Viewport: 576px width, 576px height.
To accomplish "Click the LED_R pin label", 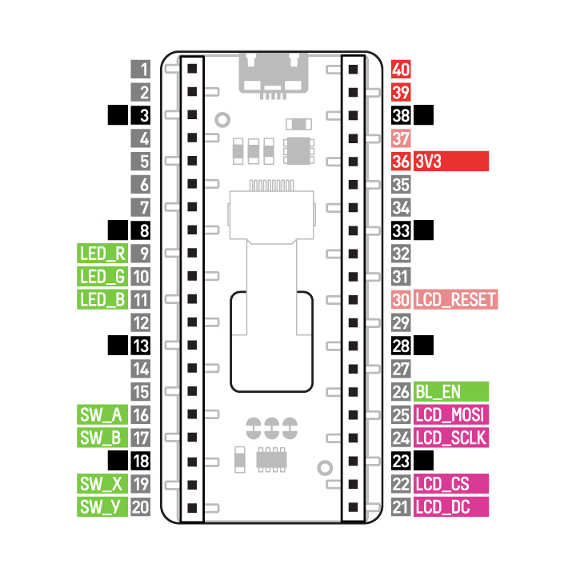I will (x=102, y=254).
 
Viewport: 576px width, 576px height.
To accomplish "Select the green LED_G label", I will (x=102, y=278).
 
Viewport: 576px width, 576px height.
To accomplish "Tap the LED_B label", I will (x=102, y=301).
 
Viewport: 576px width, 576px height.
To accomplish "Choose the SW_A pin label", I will (x=102, y=415).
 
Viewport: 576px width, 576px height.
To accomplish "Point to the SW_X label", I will (x=102, y=484).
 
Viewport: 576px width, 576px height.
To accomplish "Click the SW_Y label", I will (x=102, y=507).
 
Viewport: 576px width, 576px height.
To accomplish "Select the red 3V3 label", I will (x=451, y=161).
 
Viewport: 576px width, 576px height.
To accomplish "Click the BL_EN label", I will (x=451, y=392).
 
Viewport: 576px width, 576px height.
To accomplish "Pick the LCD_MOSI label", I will (x=451, y=415).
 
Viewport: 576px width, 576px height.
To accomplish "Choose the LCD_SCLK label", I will (x=451, y=438).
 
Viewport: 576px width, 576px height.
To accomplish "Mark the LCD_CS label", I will (x=451, y=484).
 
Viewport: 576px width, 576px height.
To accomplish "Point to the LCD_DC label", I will (x=451, y=507).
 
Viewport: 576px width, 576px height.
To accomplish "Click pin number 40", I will (x=402, y=69).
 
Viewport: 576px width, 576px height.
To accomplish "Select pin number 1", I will (x=142, y=69).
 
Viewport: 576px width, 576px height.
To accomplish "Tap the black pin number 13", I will (x=142, y=346).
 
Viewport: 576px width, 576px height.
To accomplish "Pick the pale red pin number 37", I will (x=402, y=138).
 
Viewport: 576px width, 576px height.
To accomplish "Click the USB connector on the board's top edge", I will (x=273, y=74).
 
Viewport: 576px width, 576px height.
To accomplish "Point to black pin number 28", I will (x=402, y=346).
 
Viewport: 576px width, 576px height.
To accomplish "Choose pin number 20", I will (x=142, y=507).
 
